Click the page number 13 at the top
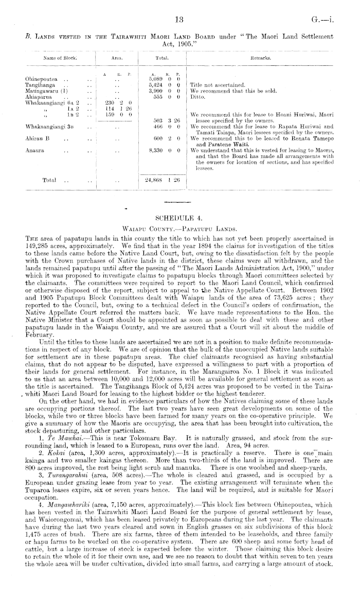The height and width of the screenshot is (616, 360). click(179, 21)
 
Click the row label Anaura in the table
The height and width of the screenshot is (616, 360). click(34, 151)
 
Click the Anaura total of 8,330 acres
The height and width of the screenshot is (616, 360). click(163, 151)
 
